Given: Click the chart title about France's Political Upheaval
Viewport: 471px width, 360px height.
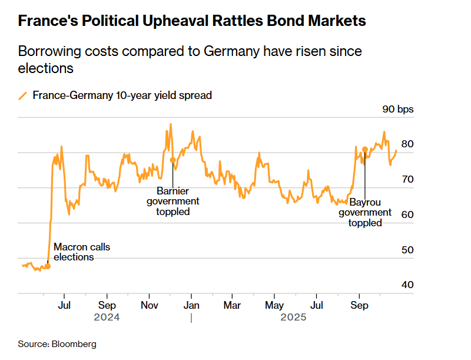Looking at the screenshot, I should (192, 22).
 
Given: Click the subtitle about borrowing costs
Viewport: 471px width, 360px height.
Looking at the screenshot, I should (190, 60).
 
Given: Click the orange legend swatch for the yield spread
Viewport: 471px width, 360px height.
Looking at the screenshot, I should (23, 95).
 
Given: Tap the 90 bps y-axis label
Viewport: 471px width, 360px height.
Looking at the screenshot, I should (398, 109).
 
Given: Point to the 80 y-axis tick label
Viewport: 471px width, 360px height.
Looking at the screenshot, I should (407, 144).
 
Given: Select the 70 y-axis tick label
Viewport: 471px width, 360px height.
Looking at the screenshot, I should (407, 179).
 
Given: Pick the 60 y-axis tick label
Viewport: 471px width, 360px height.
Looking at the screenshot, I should (407, 214).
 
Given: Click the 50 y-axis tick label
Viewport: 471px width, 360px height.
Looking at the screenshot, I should (407, 250).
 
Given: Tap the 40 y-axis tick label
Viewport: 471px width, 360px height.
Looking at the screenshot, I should (407, 285).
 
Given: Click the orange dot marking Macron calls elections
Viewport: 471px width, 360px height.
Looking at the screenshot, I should (48, 266).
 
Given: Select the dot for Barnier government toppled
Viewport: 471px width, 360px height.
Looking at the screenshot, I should (173, 160).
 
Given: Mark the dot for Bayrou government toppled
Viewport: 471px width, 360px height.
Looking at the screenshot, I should (365, 150).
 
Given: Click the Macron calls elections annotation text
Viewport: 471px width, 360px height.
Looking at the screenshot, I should (81, 252).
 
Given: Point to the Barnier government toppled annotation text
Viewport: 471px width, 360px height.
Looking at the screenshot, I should (173, 201).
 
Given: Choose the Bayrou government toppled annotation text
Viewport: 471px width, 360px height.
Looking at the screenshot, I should (365, 212).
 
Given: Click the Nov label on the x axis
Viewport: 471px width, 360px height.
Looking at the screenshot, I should (149, 306).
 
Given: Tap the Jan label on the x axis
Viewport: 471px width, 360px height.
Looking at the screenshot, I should (191, 306).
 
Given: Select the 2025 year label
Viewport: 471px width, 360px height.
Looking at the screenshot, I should (293, 318).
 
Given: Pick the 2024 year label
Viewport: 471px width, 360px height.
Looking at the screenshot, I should (107, 318).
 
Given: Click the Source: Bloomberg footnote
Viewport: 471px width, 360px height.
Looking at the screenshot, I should (57, 344).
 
